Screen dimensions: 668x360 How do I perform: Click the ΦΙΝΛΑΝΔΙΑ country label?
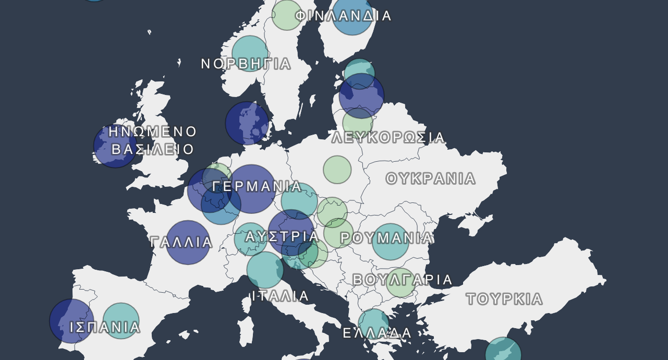[343, 16]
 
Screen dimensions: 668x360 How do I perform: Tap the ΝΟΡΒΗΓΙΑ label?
[246, 64]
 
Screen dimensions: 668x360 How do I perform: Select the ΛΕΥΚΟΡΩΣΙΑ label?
[388, 138]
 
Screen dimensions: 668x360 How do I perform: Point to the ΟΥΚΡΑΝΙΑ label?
[431, 179]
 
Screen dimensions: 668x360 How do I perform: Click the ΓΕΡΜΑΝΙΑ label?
[258, 186]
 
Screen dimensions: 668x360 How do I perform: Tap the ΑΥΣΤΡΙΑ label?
[282, 237]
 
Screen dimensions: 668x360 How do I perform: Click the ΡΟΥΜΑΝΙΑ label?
[386, 238]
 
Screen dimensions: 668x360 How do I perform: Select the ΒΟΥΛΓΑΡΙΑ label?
[403, 280]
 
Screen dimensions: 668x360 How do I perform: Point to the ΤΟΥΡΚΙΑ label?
[504, 299]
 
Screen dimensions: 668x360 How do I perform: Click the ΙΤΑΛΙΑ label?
[281, 296]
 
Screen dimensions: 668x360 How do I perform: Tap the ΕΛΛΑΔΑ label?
[377, 333]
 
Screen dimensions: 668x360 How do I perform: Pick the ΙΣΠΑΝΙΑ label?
[105, 327]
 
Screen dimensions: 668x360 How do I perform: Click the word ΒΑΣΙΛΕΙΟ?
[153, 150]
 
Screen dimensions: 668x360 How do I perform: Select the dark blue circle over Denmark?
[247, 123]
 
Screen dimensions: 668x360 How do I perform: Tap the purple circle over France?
[188, 242]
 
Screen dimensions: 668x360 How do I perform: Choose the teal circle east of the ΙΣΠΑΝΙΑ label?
[121, 321]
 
